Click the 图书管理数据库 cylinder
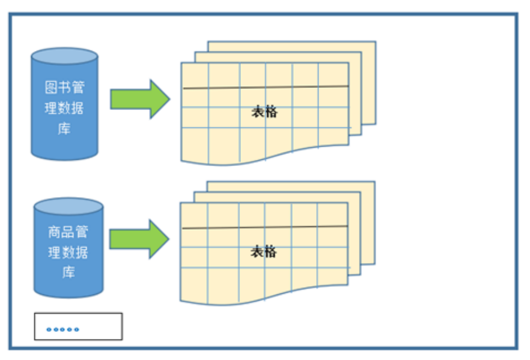[x=64, y=108]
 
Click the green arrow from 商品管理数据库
[x=138, y=239]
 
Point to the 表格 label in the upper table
[x=264, y=112]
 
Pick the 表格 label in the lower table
[x=264, y=252]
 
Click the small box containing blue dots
[x=78, y=326]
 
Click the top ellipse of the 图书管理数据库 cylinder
[x=64, y=56]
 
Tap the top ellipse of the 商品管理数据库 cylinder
[x=68, y=206]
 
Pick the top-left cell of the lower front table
[x=193, y=215]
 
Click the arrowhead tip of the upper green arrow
[x=168, y=99]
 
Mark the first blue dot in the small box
[x=49, y=329]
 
